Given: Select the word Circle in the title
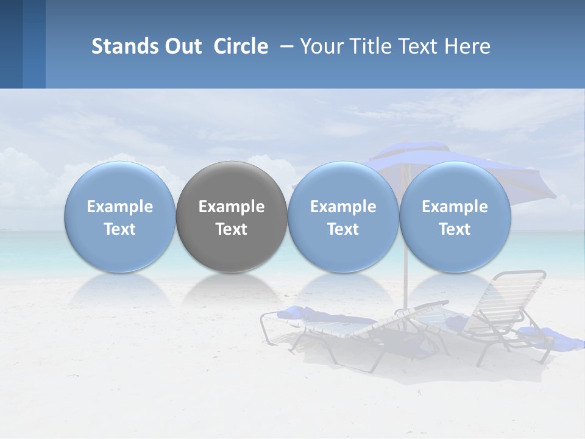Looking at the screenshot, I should pyautogui.click(x=241, y=46).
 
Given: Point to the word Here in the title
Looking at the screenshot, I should pyautogui.click(x=468, y=46).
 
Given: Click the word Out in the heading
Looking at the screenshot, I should pyautogui.click(x=182, y=46).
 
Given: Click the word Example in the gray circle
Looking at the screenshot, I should pyautogui.click(x=232, y=207).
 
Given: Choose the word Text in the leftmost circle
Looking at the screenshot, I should pyautogui.click(x=120, y=229).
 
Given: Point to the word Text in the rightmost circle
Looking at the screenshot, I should pyautogui.click(x=455, y=229).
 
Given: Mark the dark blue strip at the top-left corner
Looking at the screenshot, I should pyautogui.click(x=11, y=44).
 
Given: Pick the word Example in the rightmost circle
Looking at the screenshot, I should pyautogui.click(x=455, y=207).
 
